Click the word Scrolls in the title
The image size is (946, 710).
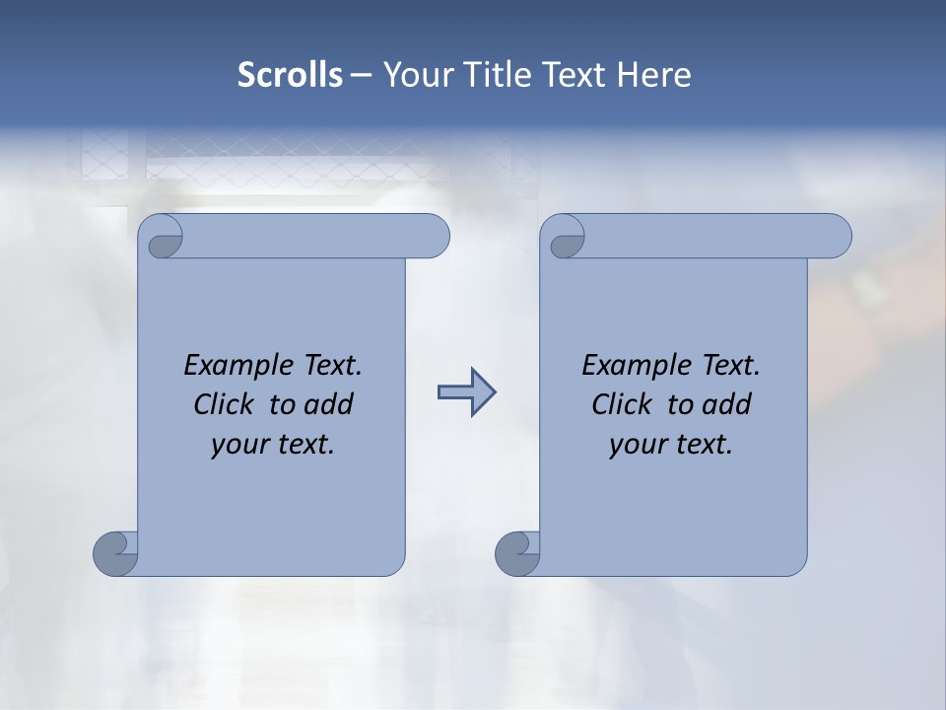[x=290, y=75]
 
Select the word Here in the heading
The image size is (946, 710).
[x=653, y=75]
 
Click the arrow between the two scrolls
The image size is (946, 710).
[x=466, y=392]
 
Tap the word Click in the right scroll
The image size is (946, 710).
[x=622, y=404]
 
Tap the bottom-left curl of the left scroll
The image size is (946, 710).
[x=114, y=553]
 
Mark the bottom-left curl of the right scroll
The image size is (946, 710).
[x=515, y=553]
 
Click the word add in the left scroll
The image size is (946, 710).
[x=328, y=404]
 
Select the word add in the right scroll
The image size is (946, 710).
[x=726, y=404]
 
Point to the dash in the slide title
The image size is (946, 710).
[x=361, y=75]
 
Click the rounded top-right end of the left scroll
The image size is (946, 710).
[x=434, y=236]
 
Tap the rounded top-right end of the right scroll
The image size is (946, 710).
[x=836, y=236]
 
